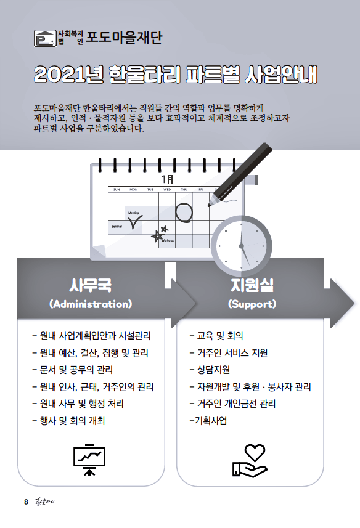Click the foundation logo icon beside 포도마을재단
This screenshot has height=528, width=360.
(x=46, y=38)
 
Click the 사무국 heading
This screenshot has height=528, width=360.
(x=90, y=285)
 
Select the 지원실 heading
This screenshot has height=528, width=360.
(x=252, y=285)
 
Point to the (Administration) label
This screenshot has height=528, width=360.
(x=91, y=304)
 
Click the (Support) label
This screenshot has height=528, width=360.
(x=252, y=304)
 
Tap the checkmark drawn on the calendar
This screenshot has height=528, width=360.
(x=136, y=222)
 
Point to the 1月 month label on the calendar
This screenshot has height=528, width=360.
(x=168, y=179)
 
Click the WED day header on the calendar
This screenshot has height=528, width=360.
(x=167, y=190)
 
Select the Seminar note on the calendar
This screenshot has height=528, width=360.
(x=117, y=227)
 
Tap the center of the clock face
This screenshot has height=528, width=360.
(x=242, y=246)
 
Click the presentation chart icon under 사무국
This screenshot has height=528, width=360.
(x=89, y=460)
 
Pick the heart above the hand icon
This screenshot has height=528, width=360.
(x=255, y=452)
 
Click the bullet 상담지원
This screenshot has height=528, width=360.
(x=210, y=370)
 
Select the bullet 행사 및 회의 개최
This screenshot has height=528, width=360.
(x=68, y=421)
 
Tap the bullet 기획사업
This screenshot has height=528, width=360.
(x=208, y=421)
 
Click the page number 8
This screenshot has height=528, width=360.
(x=26, y=502)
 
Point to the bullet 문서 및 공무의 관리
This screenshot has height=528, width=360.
(x=72, y=370)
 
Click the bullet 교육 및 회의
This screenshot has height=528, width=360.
(x=216, y=336)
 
